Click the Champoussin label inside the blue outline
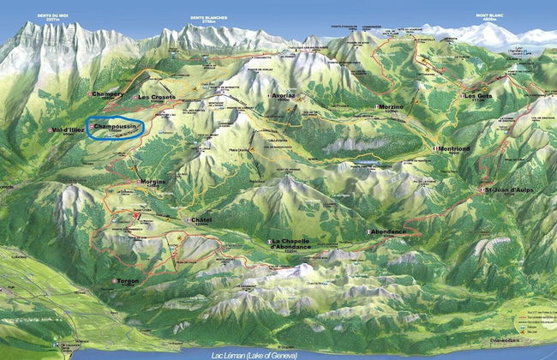point(113,127)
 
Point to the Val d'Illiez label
point(69,129)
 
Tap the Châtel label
point(200,220)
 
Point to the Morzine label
point(390,106)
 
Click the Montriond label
point(452,148)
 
